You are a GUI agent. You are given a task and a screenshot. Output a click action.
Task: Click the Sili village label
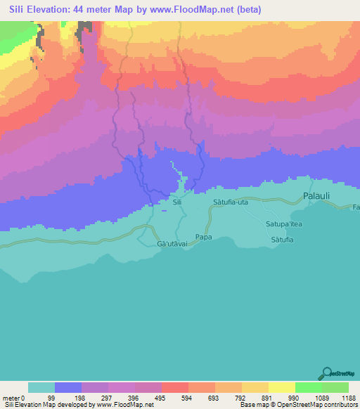(x=177, y=202)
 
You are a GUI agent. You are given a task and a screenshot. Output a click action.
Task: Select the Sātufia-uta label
(x=231, y=202)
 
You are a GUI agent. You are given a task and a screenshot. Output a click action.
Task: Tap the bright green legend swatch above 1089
(x=309, y=387)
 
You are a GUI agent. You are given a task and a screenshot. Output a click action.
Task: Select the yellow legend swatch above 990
(x=282, y=387)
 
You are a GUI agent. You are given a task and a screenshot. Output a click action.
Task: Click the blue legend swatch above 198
(x=68, y=387)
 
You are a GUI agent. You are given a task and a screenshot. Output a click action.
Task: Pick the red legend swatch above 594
(x=175, y=387)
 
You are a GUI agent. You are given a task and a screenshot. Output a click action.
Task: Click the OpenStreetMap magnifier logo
(x=325, y=373)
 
